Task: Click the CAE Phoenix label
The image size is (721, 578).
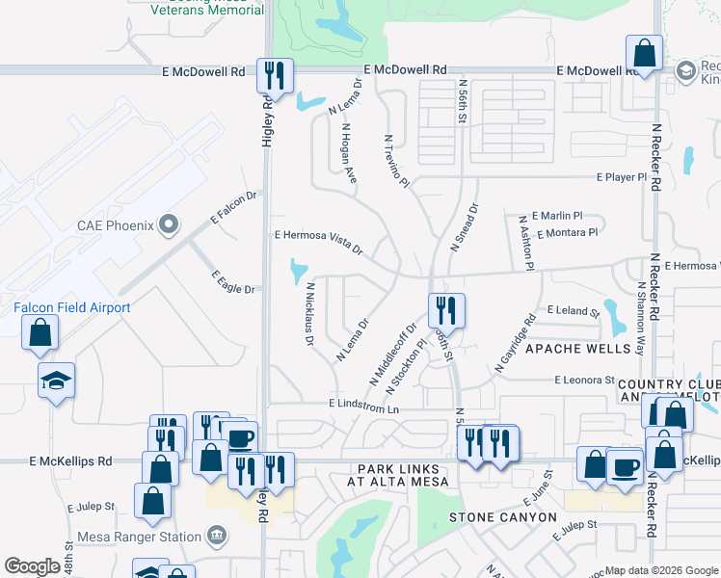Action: click(x=116, y=225)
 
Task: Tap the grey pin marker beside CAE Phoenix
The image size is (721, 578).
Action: click(x=170, y=225)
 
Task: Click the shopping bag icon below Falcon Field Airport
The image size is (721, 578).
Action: click(x=41, y=332)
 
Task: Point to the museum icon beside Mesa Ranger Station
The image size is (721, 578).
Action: click(x=217, y=536)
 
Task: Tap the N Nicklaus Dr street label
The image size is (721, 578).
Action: click(x=310, y=314)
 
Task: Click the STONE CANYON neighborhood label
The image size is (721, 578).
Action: click(x=502, y=517)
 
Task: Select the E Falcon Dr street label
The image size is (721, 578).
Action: click(x=235, y=206)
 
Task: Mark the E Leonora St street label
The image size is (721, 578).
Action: click(x=584, y=381)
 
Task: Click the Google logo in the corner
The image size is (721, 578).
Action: click(x=32, y=566)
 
